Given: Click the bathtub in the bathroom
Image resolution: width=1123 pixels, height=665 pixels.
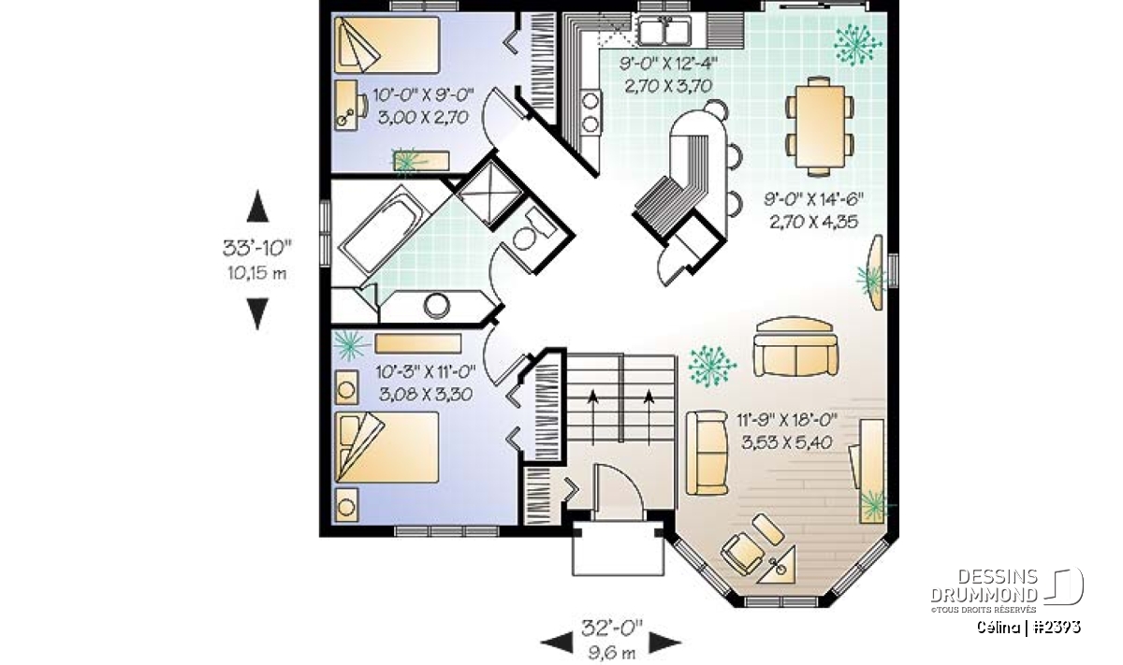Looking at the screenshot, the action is (384, 230).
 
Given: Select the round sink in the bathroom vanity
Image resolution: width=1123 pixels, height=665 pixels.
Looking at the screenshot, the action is (436, 306).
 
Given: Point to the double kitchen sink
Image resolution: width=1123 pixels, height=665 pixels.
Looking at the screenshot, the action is (664, 31).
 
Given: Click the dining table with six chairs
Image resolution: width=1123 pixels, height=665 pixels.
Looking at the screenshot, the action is (820, 125).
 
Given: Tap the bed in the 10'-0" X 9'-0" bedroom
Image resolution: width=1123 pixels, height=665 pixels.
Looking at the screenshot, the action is (386, 45).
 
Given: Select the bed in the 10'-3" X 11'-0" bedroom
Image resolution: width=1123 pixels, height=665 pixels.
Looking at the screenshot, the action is (386, 447).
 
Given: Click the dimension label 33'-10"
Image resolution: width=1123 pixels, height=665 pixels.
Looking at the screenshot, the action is (257, 248).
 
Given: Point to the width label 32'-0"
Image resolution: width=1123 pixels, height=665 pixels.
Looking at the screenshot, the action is (611, 627).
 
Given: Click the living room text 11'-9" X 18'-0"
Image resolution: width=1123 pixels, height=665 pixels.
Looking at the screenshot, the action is (787, 420).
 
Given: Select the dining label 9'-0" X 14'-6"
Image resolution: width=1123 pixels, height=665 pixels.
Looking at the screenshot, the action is (813, 199).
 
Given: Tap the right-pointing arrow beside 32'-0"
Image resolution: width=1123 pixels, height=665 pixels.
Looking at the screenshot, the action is (665, 643).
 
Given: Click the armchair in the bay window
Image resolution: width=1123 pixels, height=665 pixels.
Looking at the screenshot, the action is (742, 554).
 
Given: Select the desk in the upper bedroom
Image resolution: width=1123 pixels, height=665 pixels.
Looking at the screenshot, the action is (346, 106).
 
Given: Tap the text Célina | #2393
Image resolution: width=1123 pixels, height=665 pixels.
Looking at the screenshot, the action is (1028, 627).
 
